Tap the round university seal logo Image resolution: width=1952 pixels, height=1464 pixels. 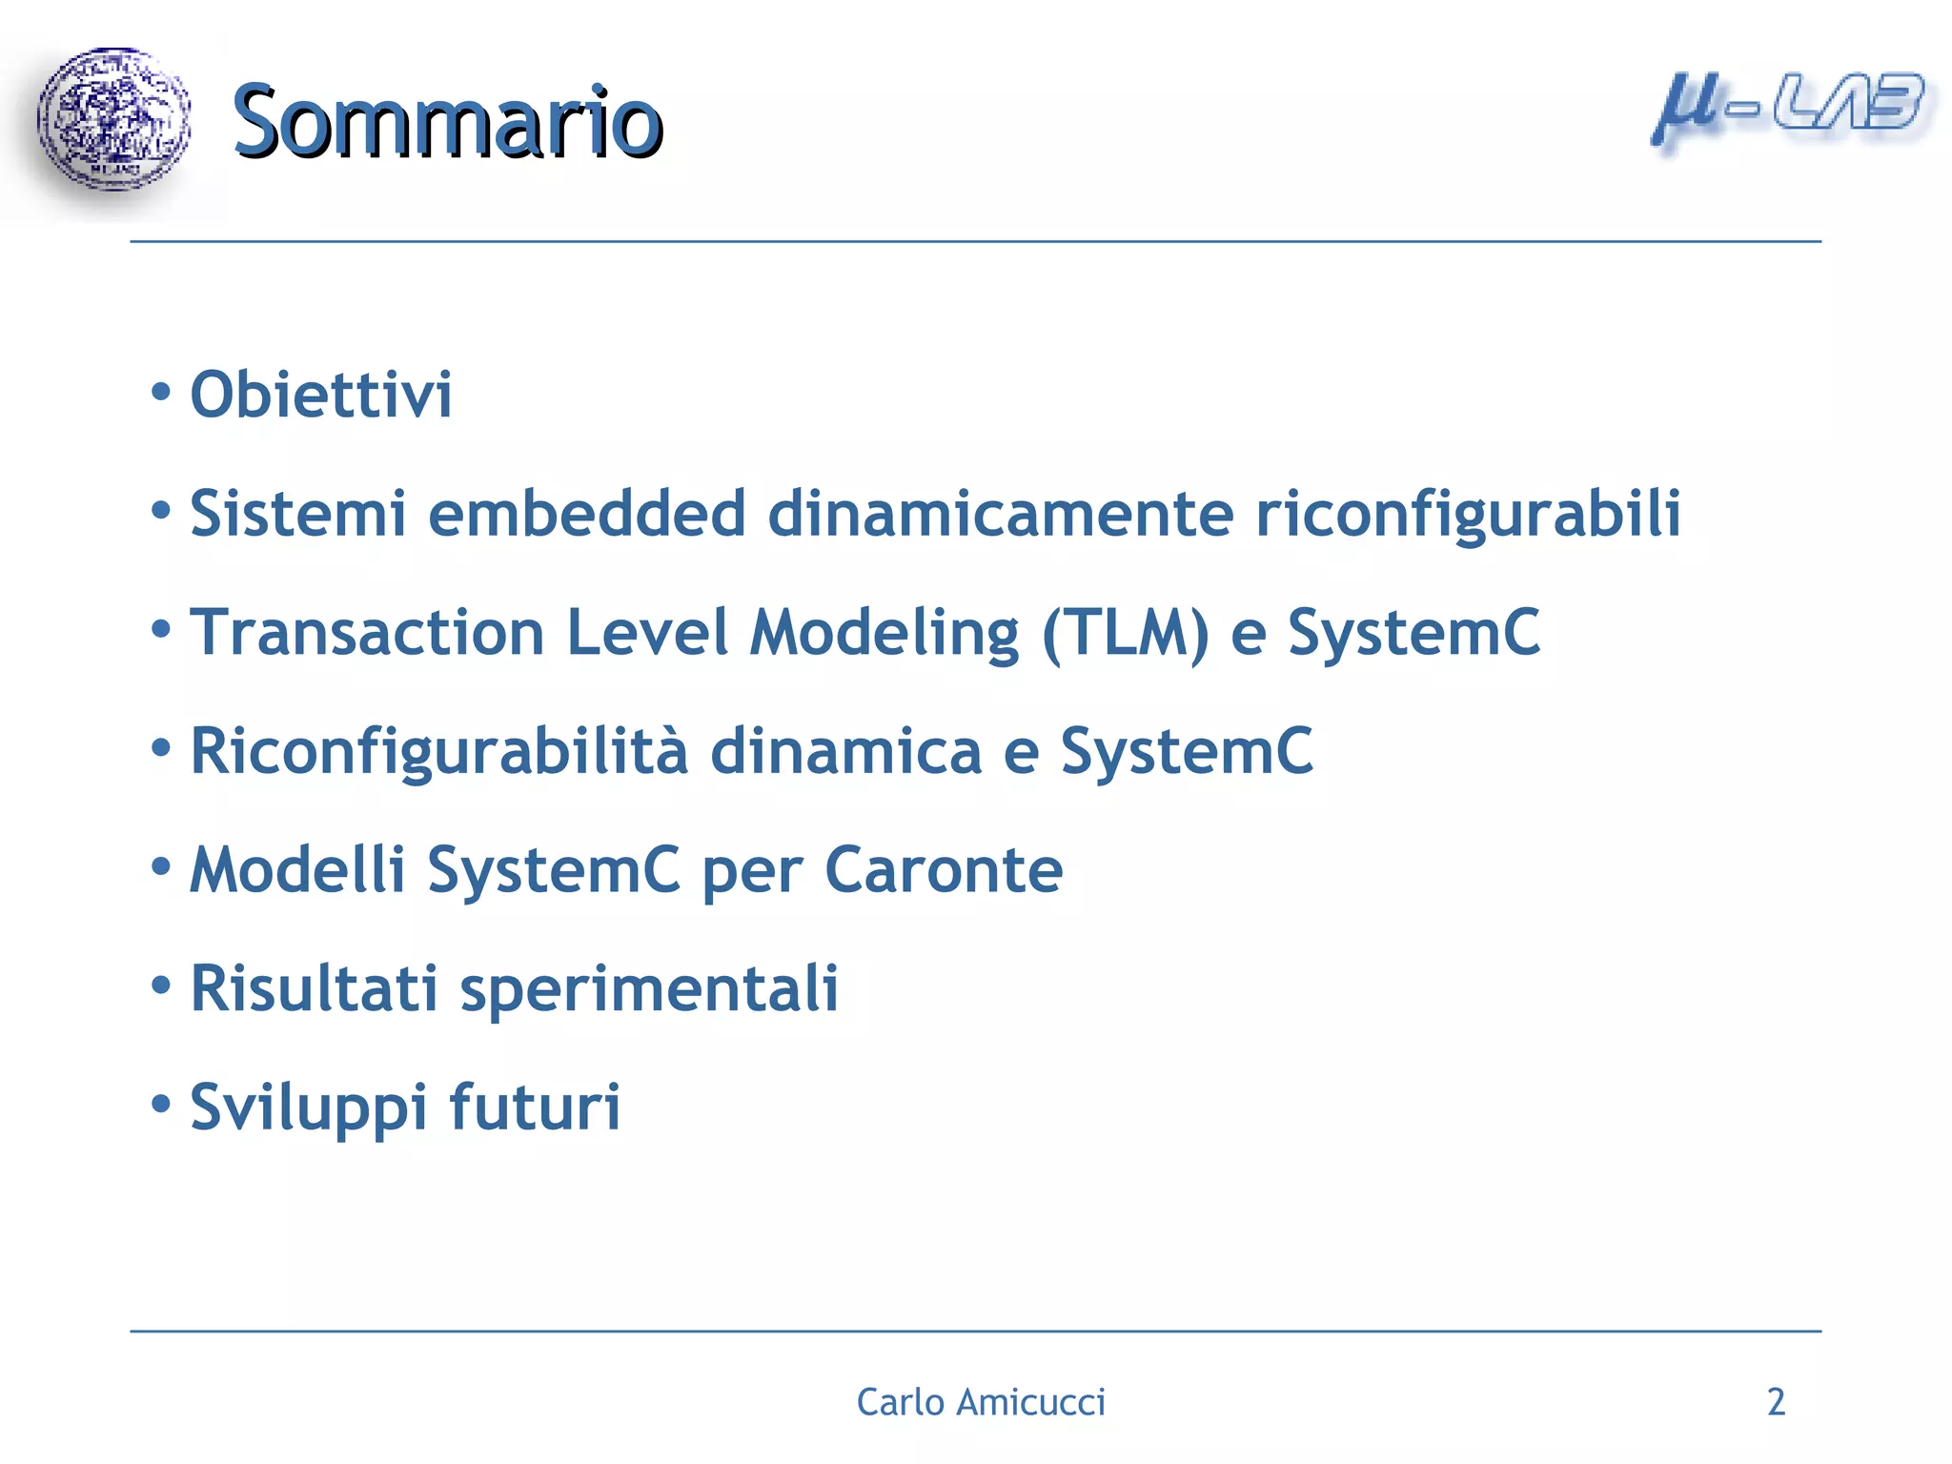pyautogui.click(x=113, y=120)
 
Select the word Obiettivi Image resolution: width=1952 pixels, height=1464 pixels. pyautogui.click(x=321, y=395)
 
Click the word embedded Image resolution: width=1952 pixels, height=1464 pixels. pyautogui.click(x=586, y=514)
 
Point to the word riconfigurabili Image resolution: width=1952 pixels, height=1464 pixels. pyautogui.click(x=1468, y=516)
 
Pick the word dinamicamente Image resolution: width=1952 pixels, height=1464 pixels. pyautogui.click(x=1000, y=514)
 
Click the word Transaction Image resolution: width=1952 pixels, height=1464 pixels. pyautogui.click(x=367, y=633)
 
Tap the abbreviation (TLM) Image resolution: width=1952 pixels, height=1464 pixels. pyautogui.click(x=1125, y=635)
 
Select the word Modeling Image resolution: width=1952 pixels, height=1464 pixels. pyautogui.click(x=884, y=635)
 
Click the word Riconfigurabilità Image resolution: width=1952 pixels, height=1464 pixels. pyautogui.click(x=438, y=752)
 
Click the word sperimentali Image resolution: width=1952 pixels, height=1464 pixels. pyautogui.click(x=649, y=991)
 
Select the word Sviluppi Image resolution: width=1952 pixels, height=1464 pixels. pyautogui.click(x=308, y=1109)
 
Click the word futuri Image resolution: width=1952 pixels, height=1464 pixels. pyautogui.click(x=535, y=1108)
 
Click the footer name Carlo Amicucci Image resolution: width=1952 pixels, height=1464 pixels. pyautogui.click(x=981, y=1402)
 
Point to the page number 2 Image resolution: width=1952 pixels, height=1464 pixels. pyautogui.click(x=1776, y=1402)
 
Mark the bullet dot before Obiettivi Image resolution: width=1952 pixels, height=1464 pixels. pyautogui.click(x=161, y=392)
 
